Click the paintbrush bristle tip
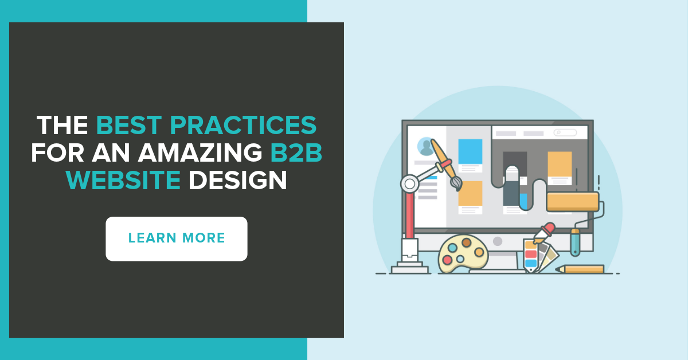456,183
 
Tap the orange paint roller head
572,201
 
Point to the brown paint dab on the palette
467,242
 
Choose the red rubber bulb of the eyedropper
549,228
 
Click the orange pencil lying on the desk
580,269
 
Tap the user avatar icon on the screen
426,146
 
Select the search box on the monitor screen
565,133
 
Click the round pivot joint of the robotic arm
409,183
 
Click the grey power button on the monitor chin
498,241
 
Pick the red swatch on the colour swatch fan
531,254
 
